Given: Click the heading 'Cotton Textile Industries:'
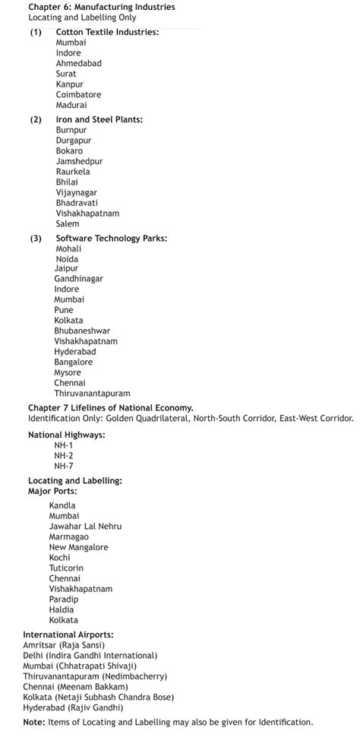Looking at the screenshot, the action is click(x=107, y=33).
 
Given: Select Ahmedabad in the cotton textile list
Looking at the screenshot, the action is click(x=78, y=64).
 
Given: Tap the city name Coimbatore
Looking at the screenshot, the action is click(x=78, y=95).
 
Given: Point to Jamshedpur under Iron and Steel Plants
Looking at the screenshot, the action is click(x=79, y=162).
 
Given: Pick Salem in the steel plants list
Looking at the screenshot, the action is click(x=67, y=224).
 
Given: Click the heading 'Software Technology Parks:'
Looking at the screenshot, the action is click(x=111, y=239).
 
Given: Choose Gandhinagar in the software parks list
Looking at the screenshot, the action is click(x=78, y=279).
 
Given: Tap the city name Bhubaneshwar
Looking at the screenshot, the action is click(x=82, y=331).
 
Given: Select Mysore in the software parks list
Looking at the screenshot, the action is click(x=68, y=373).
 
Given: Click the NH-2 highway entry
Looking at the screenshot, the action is click(x=64, y=455).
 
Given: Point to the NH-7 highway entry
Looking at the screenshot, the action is click(x=64, y=466).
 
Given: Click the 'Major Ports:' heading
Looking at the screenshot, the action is click(x=52, y=492).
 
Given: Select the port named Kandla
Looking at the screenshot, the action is click(x=62, y=505).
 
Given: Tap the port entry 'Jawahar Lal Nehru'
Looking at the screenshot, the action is click(x=85, y=527).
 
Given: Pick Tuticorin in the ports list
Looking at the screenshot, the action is click(x=66, y=568).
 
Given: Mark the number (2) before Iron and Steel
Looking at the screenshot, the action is click(x=36, y=120).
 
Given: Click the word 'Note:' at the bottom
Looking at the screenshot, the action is click(x=34, y=722).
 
